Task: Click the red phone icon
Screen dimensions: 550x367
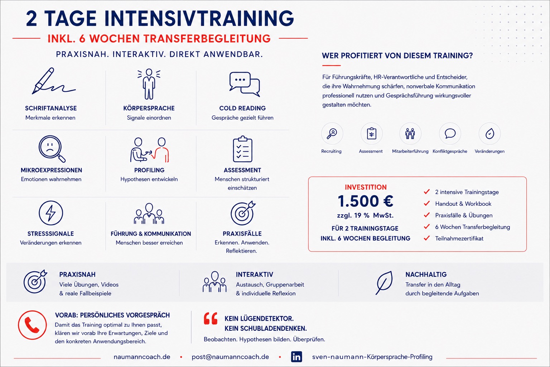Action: [32, 325]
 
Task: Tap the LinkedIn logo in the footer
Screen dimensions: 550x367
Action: [296, 357]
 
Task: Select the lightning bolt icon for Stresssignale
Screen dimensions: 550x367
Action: [51, 213]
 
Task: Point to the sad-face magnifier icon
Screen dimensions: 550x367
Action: [52, 149]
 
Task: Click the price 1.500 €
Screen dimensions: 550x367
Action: [365, 201]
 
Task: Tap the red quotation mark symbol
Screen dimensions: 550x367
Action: [211, 319]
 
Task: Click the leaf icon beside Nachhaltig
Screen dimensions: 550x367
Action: [384, 283]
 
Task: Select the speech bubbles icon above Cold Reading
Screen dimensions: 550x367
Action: [245, 84]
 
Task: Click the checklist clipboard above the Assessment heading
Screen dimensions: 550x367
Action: [242, 149]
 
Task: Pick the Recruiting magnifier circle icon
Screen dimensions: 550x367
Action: [332, 133]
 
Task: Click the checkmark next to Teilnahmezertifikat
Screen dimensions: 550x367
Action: [427, 238]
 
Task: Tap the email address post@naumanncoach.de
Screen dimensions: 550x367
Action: [230, 357]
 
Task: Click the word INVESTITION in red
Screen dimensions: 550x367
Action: [366, 187]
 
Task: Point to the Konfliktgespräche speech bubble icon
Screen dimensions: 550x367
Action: [450, 133]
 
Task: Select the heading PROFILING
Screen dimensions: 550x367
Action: [149, 170]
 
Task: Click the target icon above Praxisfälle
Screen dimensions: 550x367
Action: [243, 213]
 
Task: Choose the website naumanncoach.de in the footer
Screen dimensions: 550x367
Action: [142, 357]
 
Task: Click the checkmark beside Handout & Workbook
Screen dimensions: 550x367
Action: [427, 203]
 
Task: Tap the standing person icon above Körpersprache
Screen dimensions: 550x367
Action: [149, 84]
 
